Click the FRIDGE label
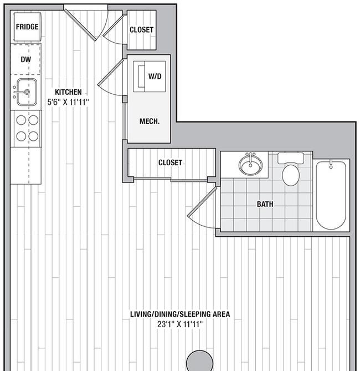(x=27, y=27)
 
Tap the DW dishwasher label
(x=25, y=59)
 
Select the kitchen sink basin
(x=26, y=92)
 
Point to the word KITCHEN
(x=68, y=92)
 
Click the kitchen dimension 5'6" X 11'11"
(x=68, y=102)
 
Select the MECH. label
(x=150, y=121)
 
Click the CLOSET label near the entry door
(x=141, y=30)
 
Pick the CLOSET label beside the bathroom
(x=170, y=162)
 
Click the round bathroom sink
(x=252, y=165)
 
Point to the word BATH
(x=265, y=204)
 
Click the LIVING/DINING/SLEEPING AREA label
(x=179, y=314)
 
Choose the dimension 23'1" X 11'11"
(x=179, y=324)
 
